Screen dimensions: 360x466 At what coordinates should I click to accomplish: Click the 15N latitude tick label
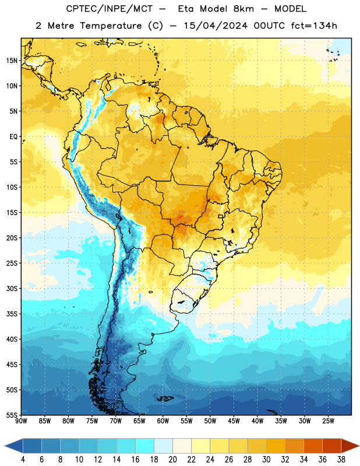(12, 61)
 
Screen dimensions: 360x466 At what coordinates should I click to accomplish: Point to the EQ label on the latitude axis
(13, 137)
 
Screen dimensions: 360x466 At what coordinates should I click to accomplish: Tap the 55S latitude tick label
(12, 415)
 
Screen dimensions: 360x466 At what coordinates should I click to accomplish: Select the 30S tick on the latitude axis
(12, 288)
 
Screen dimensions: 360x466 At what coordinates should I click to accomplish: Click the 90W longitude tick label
(22, 421)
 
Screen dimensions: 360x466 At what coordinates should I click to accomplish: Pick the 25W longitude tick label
(328, 421)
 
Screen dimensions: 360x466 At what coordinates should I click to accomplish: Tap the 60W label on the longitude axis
(163, 421)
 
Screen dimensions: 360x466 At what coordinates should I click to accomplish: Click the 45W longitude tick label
(234, 421)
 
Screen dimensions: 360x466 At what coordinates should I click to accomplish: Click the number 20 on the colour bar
(172, 460)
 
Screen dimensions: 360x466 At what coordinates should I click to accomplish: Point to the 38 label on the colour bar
(341, 460)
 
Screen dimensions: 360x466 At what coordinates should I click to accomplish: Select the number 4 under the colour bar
(23, 460)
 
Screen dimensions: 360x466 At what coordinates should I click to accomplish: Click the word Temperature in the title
(111, 26)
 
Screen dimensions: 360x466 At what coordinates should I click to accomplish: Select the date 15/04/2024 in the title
(216, 26)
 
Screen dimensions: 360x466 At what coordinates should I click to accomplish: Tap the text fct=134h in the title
(314, 26)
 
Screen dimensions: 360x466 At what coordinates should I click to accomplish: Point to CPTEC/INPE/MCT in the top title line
(109, 9)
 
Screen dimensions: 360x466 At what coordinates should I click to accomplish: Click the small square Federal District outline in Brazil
(221, 216)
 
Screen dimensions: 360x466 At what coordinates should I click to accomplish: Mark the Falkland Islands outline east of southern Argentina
(165, 398)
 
